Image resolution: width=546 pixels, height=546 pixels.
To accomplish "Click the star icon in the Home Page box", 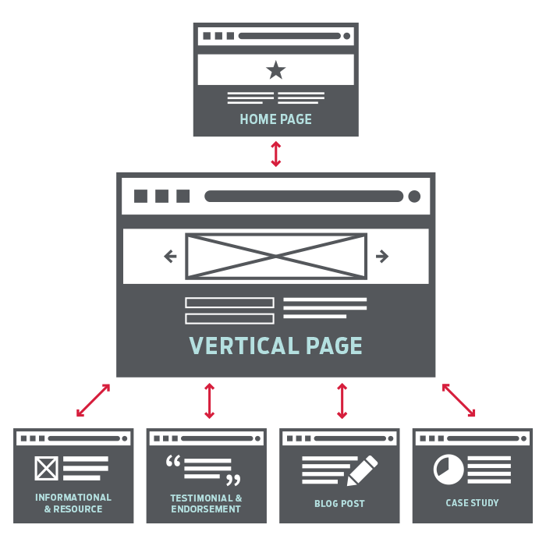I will (275, 70).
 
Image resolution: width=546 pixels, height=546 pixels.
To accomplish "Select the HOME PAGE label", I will (275, 119).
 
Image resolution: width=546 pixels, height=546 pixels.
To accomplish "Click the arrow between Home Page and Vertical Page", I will (275, 154).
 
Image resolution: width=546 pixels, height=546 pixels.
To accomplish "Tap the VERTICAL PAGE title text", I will (275, 346).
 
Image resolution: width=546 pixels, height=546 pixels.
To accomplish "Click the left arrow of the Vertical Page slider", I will (170, 256).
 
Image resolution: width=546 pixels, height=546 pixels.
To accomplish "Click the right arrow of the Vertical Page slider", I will (382, 256).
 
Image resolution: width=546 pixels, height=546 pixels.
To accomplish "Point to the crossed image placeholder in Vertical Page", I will (275, 256).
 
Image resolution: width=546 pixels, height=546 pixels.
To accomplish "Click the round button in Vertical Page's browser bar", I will (414, 196).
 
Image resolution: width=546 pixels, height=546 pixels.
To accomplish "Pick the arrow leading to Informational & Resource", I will (94, 400).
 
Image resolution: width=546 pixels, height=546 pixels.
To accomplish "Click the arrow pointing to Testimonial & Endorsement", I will (209, 400).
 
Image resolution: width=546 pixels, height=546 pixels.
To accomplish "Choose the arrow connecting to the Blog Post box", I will (342, 400).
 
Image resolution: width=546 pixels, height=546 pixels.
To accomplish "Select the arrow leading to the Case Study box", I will (459, 400).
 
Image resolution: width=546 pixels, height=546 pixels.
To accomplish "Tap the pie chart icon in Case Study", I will (448, 469).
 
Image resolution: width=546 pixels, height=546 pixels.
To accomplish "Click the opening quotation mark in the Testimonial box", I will (173, 462).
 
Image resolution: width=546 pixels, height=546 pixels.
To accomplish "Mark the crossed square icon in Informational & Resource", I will (47, 469).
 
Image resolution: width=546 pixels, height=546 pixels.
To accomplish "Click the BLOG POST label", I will (339, 503).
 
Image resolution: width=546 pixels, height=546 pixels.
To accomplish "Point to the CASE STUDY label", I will (472, 503).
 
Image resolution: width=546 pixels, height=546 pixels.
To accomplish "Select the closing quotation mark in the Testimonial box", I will (232, 479).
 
